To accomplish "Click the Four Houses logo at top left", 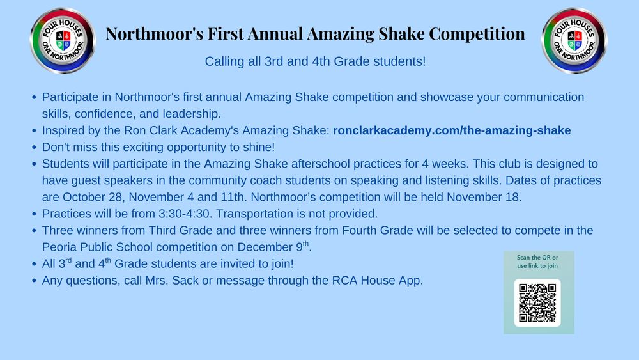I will [63, 41].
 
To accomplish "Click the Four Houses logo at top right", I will [574, 41].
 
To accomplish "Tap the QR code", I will [537, 302].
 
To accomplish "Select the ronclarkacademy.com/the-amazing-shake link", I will [452, 130].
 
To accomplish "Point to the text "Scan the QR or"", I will [537, 258].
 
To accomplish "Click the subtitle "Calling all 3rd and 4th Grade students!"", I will [315, 62].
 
